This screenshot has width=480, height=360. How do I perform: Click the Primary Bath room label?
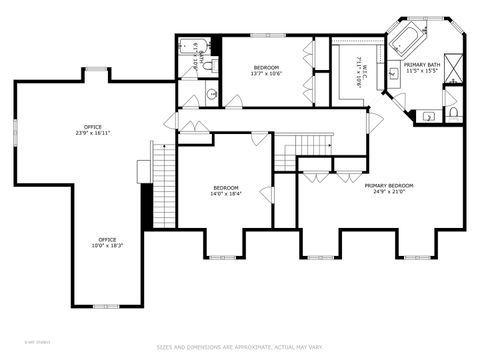422,67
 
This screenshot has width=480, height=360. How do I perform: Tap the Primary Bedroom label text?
389,188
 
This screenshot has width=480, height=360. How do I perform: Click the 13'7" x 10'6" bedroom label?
266,69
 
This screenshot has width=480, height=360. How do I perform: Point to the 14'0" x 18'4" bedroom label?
226,190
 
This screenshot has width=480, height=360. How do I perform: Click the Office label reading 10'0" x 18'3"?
107,242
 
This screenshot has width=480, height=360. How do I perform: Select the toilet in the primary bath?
452,113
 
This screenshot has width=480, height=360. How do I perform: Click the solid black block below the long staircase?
147,207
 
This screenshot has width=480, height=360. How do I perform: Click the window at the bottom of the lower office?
105,305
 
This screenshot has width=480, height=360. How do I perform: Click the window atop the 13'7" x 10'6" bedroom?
266,35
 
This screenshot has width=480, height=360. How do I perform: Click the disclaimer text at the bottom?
240,347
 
